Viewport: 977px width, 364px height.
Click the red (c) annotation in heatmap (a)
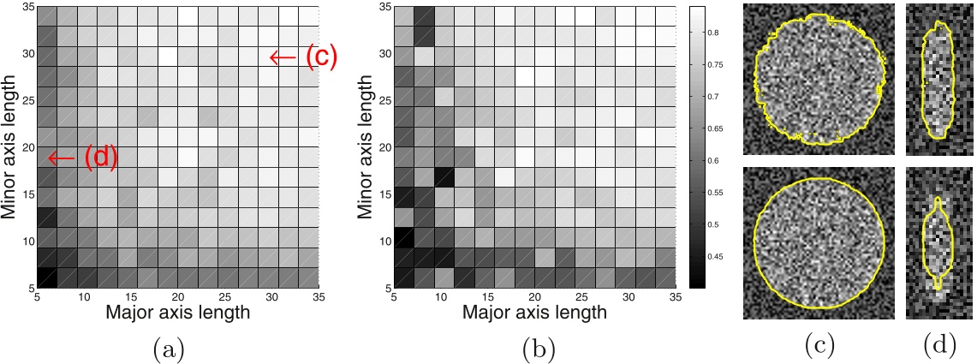pyautogui.click(x=322, y=57)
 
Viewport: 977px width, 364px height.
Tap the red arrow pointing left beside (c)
pyautogui.click(x=283, y=57)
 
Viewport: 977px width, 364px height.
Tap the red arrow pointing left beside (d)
pyautogui.click(x=61, y=158)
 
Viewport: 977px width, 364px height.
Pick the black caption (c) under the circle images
pyautogui.click(x=819, y=346)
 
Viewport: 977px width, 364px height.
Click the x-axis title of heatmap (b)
pyautogui.click(x=533, y=313)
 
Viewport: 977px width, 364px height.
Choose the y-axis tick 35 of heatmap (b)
pyautogui.click(x=384, y=8)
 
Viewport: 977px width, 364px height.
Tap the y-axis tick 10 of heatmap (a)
pyautogui.click(x=27, y=242)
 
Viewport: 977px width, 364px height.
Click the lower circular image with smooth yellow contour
pyautogui.click(x=819, y=242)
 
